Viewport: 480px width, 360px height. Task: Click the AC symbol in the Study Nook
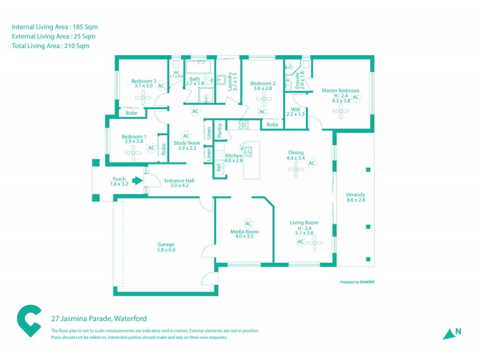tap(186, 136)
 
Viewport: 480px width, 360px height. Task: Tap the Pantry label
tap(220, 131)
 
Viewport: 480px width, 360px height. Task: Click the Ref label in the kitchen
tap(219, 168)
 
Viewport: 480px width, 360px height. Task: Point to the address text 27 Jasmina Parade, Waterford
tap(99, 318)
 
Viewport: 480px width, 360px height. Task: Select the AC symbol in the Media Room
tap(248, 223)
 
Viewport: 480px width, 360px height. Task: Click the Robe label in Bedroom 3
tap(131, 112)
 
